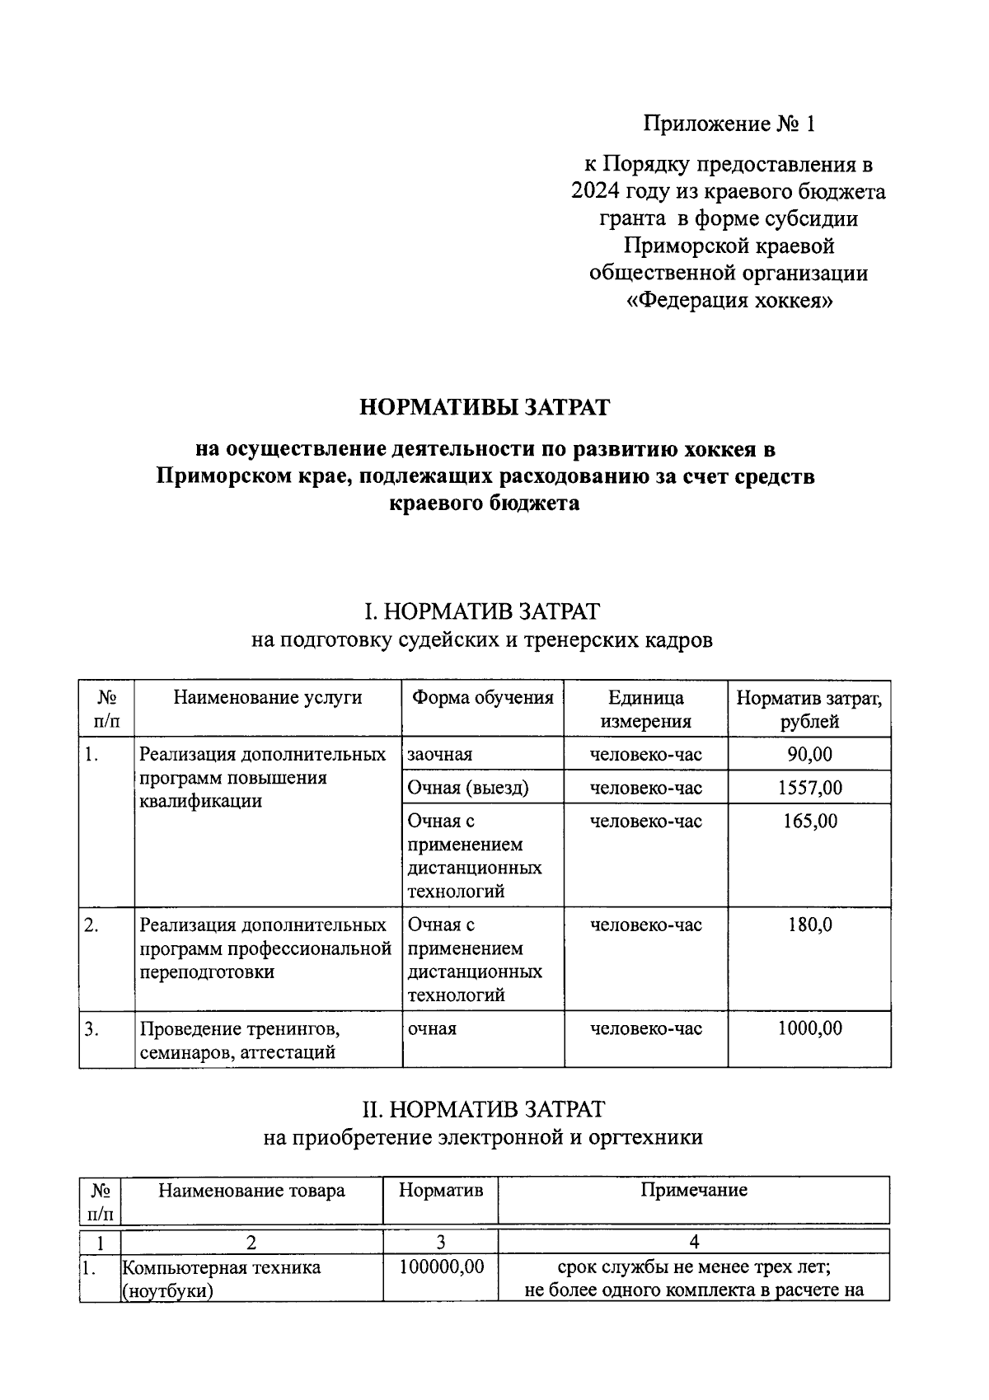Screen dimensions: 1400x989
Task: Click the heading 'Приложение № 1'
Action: point(729,124)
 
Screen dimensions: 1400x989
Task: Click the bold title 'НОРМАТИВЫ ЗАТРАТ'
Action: point(485,407)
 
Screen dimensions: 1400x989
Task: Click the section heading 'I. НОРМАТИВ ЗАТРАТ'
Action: point(482,611)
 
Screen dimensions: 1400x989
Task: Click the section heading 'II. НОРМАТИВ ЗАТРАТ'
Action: point(483,1109)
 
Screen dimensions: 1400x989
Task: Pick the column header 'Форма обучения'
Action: point(482,698)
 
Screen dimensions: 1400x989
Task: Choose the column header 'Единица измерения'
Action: point(645,709)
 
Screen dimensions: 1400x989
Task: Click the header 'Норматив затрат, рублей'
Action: point(809,709)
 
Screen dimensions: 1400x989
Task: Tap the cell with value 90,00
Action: point(809,754)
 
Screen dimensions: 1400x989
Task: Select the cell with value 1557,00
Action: point(809,788)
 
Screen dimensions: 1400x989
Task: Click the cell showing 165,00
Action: point(809,821)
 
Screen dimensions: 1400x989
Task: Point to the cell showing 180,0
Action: point(809,925)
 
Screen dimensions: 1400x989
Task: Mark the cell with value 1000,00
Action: point(809,1028)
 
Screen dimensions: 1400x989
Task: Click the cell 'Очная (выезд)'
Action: point(468,788)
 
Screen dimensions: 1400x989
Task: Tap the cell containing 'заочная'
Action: point(440,754)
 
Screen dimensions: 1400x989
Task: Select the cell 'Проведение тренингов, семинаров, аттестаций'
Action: point(239,1040)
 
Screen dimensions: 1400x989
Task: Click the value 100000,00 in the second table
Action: point(441,1267)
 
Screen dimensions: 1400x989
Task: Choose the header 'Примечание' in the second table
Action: point(693,1190)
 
